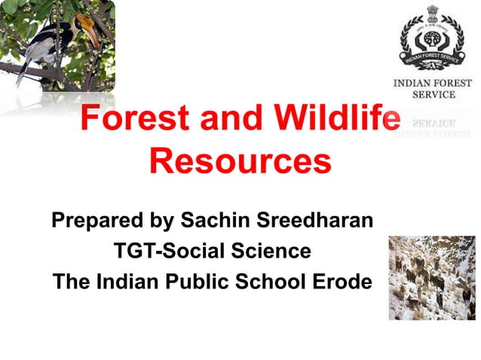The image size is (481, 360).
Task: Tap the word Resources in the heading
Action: click(x=240, y=162)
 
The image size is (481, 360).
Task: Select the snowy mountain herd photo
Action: click(x=432, y=277)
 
